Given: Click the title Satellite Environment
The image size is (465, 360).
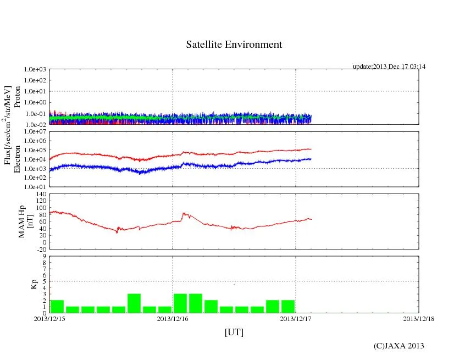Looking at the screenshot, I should click(x=234, y=45).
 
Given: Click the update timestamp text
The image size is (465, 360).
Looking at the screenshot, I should click(x=389, y=67).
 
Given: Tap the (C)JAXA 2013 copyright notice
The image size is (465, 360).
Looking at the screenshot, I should click(x=398, y=345).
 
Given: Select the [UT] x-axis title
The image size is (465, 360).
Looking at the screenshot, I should click(x=234, y=332).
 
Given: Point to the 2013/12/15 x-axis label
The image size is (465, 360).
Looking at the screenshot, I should click(x=49, y=318).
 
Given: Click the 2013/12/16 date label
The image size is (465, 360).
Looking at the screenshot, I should click(x=173, y=318).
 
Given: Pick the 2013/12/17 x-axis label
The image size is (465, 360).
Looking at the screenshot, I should click(x=296, y=318).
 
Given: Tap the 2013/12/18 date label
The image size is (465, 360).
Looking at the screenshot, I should click(x=419, y=318).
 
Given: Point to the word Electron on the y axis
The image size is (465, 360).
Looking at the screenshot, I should click(x=17, y=159).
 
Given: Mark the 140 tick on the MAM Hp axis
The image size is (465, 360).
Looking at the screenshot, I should click(x=40, y=195).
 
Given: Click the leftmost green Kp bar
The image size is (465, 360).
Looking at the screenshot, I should click(x=57, y=307).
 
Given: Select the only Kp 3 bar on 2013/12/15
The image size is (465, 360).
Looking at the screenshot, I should click(x=134, y=303).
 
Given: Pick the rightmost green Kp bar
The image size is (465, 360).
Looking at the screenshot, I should click(x=288, y=307).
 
